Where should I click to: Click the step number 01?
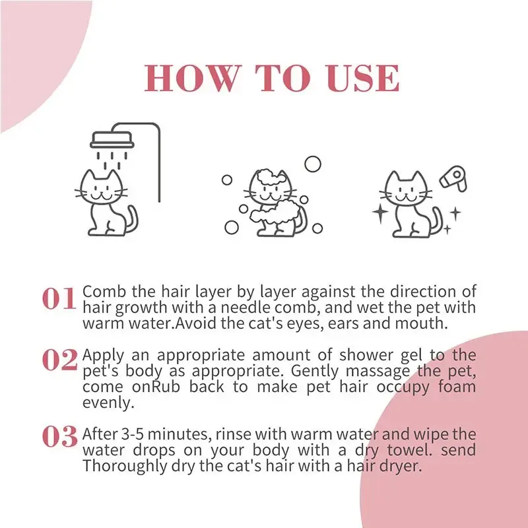60,300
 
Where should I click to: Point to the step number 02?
60,359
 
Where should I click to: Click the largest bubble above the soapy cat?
313,163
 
